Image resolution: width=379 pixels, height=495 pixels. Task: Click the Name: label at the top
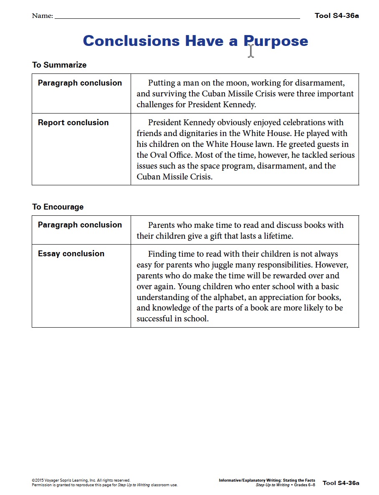click(x=42, y=16)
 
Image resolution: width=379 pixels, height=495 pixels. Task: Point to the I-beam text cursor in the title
click(x=250, y=51)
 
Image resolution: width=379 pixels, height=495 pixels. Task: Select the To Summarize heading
click(x=59, y=65)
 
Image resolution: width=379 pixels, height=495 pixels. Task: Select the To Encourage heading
click(x=58, y=207)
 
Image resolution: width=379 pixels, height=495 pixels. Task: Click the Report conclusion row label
click(x=73, y=122)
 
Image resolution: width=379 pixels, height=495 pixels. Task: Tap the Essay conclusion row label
click(x=71, y=253)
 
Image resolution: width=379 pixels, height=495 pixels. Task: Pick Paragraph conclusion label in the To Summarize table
click(x=80, y=83)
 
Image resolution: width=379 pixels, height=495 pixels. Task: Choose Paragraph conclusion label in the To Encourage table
click(x=80, y=225)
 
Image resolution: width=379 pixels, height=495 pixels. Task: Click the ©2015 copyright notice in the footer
click(x=81, y=480)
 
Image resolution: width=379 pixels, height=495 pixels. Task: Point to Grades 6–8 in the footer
click(x=304, y=485)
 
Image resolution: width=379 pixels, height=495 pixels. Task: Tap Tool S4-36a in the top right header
click(x=336, y=16)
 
